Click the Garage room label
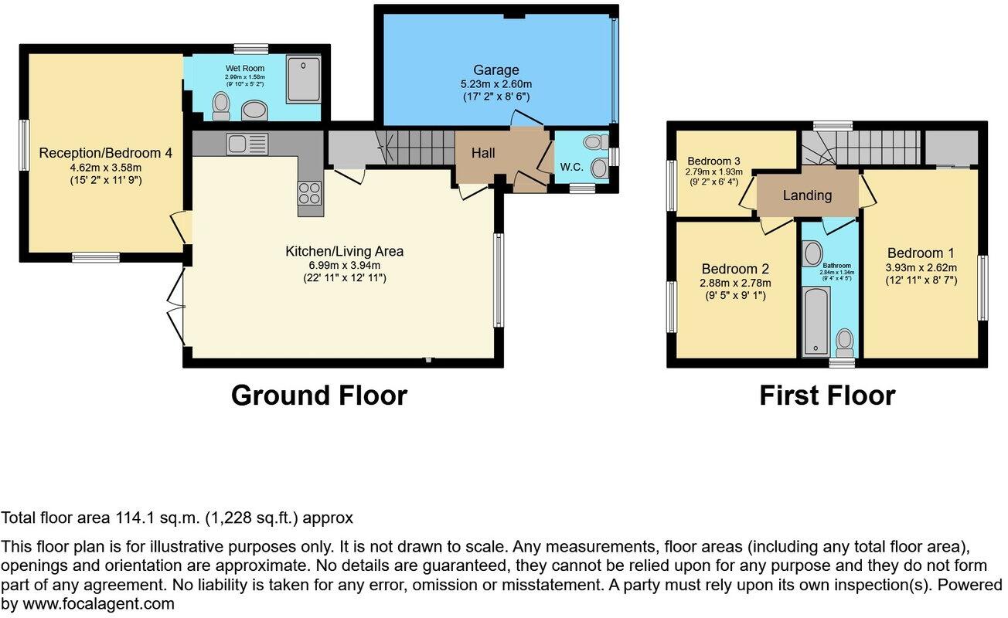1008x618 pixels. (497, 70)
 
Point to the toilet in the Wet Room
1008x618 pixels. (221, 106)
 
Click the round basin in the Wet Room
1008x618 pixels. (254, 112)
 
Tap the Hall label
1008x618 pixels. (483, 154)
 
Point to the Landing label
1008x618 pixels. (807, 195)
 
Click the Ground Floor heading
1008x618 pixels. (318, 396)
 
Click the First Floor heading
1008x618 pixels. (826, 396)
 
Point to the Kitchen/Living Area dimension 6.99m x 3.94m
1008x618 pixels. (345, 265)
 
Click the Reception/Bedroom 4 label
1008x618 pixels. (105, 153)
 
